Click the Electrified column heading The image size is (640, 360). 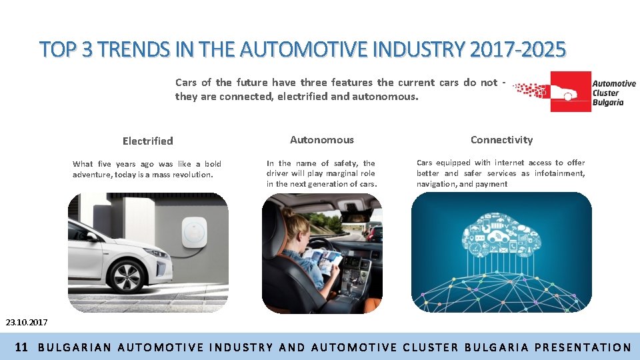point(147,141)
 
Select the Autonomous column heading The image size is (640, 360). point(322,139)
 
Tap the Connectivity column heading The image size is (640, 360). point(501,139)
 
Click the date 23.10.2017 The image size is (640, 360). point(27,323)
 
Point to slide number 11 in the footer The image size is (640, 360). point(21,347)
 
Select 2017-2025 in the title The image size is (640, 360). point(517,49)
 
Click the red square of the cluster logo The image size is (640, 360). point(569,91)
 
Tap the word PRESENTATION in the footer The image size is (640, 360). point(583,347)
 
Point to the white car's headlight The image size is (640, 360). point(155,253)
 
